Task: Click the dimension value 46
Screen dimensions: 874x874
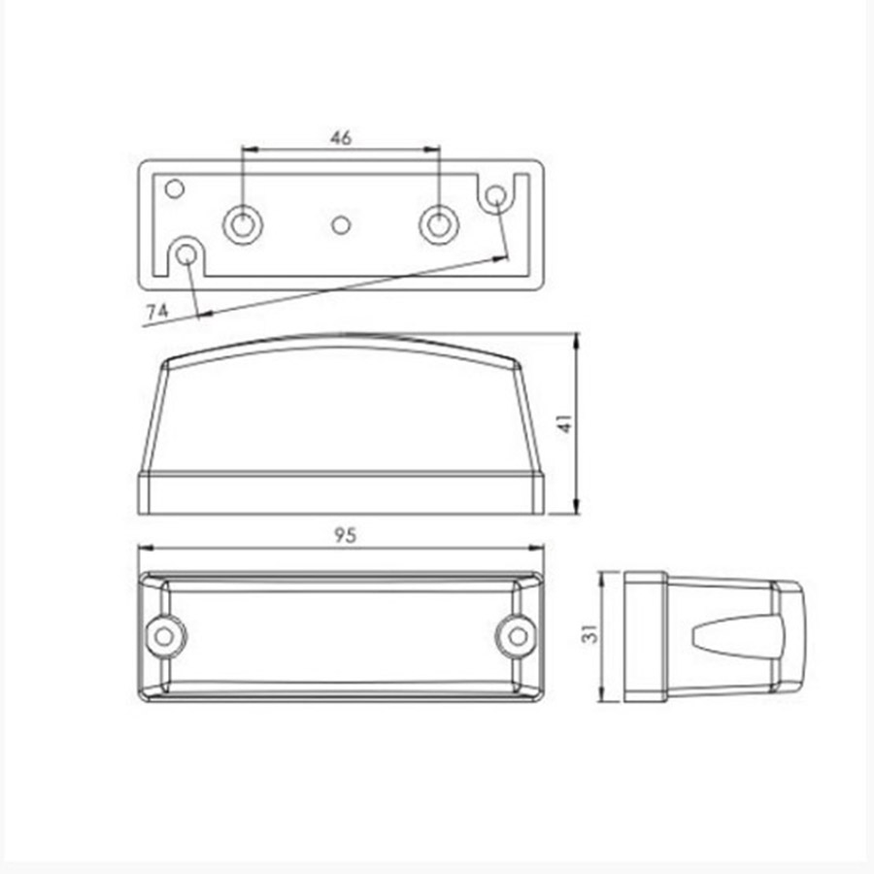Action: coord(341,138)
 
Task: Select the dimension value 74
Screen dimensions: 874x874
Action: coord(156,311)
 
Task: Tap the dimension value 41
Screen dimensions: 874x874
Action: coord(565,423)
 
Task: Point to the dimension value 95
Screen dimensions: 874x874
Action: coord(345,535)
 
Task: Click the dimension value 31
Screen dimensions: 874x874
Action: coord(589,634)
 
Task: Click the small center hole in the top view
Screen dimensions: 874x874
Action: coord(341,225)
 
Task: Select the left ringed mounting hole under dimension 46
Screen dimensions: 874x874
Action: coord(243,224)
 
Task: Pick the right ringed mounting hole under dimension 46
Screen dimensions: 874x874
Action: coord(439,224)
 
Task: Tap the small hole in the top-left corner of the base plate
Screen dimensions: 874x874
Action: coord(175,189)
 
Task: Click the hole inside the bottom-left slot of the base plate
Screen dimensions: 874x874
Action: coord(186,255)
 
